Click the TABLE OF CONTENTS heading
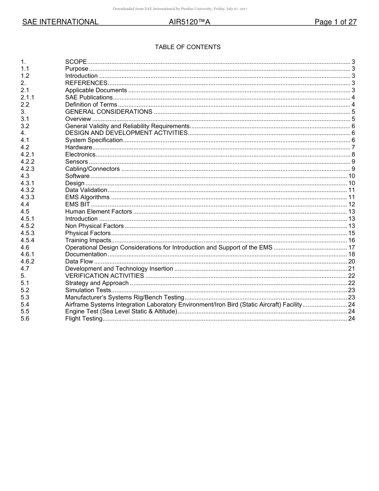(188, 47)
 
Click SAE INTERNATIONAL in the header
(60, 22)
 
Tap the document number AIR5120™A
(189, 22)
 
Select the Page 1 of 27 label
(336, 22)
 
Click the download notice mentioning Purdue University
(180, 9)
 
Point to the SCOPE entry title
(76, 62)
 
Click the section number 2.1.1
(28, 97)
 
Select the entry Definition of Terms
(91, 105)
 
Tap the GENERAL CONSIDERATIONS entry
(109, 112)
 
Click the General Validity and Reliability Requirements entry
(127, 126)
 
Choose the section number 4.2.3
(28, 169)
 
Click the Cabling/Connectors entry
(92, 169)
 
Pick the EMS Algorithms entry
(87, 197)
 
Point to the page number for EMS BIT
(351, 204)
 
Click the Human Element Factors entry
(98, 212)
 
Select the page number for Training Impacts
(351, 240)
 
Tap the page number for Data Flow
(351, 261)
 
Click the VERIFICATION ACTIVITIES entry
(105, 276)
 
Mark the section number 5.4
(25, 305)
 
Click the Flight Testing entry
(84, 319)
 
